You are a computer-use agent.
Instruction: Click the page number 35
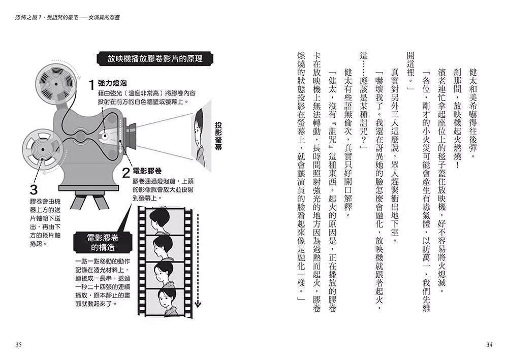click(18, 345)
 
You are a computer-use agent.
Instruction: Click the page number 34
click(489, 345)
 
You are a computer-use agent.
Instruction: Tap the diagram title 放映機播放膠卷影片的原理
click(155, 58)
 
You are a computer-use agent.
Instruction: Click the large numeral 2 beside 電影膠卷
click(126, 172)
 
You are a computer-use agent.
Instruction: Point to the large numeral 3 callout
click(34, 190)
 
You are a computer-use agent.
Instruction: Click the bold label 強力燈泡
click(112, 83)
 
